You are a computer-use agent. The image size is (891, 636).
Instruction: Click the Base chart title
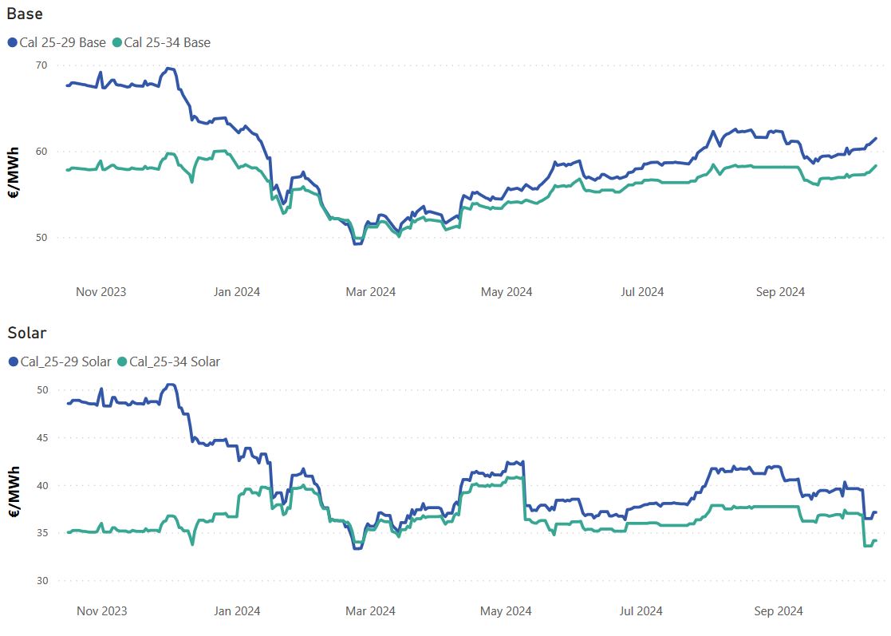(x=25, y=14)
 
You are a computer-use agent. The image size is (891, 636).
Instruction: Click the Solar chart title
(x=27, y=333)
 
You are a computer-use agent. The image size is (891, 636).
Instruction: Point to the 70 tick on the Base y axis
(x=41, y=65)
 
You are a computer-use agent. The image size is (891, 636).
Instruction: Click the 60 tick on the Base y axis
(x=41, y=152)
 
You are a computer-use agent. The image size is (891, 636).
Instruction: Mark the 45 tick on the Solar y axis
(x=41, y=438)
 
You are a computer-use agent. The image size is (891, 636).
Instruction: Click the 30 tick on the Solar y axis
(x=41, y=581)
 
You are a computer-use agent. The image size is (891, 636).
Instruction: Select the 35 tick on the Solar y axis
(x=41, y=533)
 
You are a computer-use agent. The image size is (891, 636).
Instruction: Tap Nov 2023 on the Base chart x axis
(x=101, y=292)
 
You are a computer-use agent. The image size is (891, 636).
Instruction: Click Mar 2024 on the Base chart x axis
(x=370, y=292)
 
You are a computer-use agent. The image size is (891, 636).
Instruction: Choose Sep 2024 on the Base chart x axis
(x=780, y=292)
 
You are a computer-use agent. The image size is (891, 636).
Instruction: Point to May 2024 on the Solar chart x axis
(x=507, y=611)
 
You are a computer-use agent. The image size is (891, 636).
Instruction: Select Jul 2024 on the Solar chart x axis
(x=641, y=611)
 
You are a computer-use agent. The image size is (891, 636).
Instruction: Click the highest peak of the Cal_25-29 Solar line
(x=169, y=385)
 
